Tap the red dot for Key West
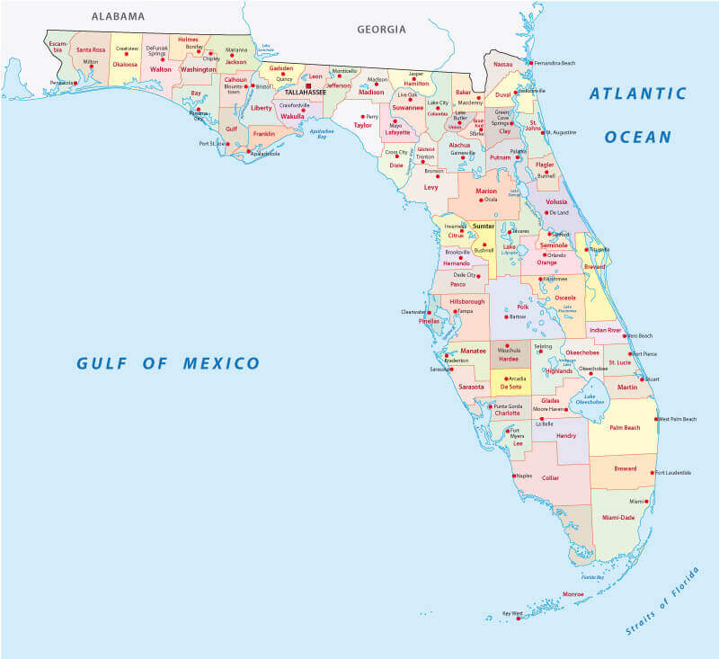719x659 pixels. [x=519, y=619]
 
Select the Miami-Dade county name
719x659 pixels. [x=618, y=518]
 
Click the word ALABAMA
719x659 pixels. [x=118, y=16]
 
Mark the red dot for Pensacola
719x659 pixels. [x=76, y=83]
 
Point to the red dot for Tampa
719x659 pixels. [x=455, y=311]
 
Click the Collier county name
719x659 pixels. [x=552, y=478]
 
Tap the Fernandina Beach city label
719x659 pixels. [x=555, y=63]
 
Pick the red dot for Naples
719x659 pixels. [x=514, y=476]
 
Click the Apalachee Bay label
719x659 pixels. [x=321, y=132]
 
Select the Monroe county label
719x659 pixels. [x=573, y=594]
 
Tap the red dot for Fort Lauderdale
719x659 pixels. [x=652, y=472]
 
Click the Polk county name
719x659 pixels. [x=523, y=307]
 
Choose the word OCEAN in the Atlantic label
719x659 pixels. [x=637, y=137]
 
